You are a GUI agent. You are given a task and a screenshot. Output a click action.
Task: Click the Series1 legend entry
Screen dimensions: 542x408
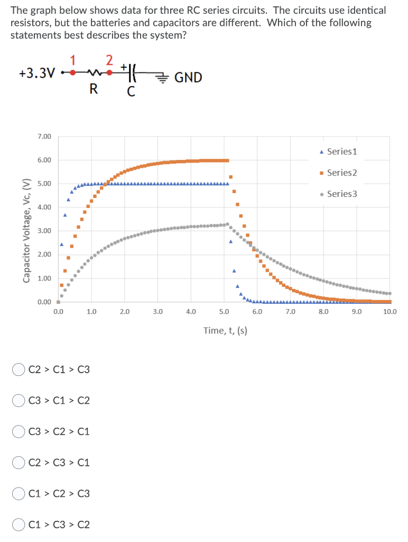tap(341, 151)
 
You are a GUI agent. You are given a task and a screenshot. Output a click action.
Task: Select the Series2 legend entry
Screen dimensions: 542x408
tap(341, 173)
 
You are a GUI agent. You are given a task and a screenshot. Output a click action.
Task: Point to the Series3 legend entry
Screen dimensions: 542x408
tap(341, 194)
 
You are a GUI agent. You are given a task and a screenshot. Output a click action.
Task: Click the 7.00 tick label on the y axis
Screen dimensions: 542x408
tap(44, 137)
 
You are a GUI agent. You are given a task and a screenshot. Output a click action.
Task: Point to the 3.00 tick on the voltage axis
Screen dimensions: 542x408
tap(44, 231)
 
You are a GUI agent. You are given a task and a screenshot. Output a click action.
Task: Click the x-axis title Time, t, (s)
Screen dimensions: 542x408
tap(225, 331)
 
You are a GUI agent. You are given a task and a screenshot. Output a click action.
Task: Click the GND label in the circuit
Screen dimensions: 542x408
tap(188, 78)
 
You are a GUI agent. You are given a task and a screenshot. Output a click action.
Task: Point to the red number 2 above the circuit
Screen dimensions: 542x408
tap(109, 59)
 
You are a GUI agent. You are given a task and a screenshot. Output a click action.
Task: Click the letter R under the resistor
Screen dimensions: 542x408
tap(93, 88)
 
